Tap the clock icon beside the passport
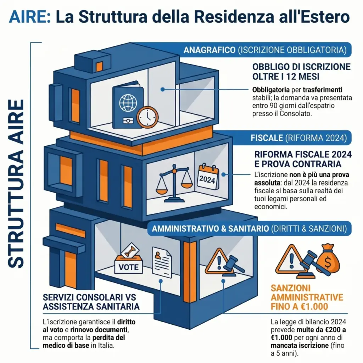pyautogui.click(x=147, y=117)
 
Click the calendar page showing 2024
pyautogui.click(x=207, y=177)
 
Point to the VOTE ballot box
pyautogui.click(x=128, y=262)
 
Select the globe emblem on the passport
pyautogui.click(x=128, y=103)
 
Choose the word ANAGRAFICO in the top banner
pyautogui.click(x=209, y=50)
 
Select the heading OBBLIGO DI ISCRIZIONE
pyautogui.click(x=301, y=67)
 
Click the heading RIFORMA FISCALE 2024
pyautogui.click(x=303, y=155)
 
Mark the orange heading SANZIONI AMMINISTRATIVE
pyautogui.click(x=307, y=292)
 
